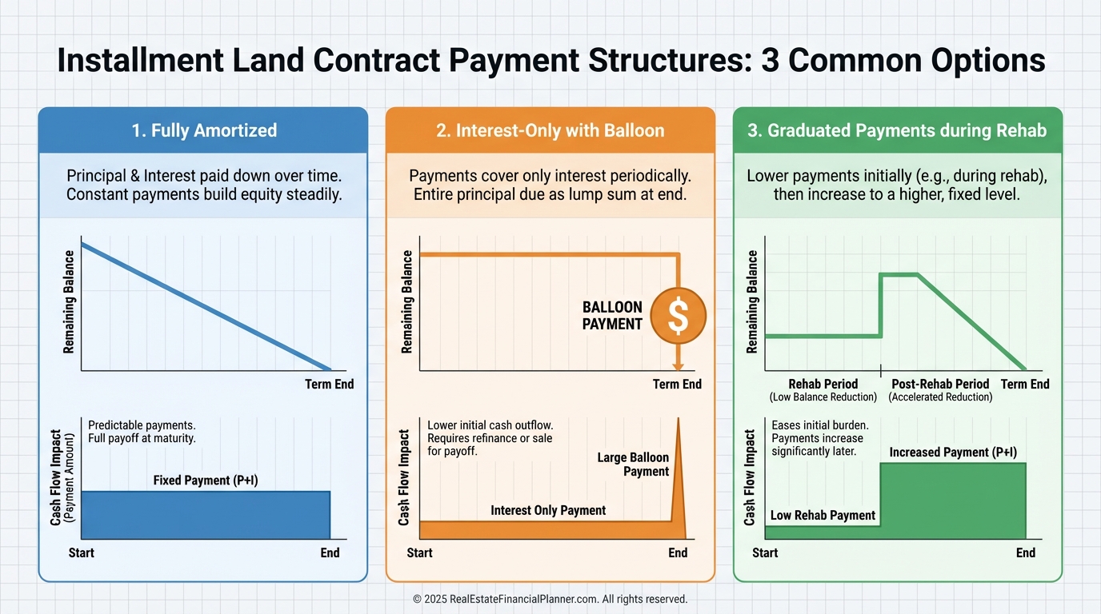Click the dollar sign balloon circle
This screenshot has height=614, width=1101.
tap(678, 315)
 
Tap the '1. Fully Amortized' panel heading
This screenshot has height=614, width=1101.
tap(204, 130)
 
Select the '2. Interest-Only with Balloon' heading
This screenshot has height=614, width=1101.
tap(550, 130)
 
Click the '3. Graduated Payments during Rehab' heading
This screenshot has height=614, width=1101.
tap(897, 130)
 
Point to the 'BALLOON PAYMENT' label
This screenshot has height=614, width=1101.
tap(612, 315)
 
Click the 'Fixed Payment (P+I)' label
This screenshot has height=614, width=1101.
tap(206, 480)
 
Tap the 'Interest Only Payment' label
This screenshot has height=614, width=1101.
tap(548, 510)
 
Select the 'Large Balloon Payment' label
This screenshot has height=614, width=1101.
tap(633, 464)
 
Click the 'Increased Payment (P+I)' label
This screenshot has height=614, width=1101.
tap(953, 452)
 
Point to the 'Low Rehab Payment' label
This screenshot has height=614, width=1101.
tap(823, 516)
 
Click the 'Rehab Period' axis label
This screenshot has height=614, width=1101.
tap(823, 384)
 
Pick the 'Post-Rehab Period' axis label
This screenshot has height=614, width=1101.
tap(940, 384)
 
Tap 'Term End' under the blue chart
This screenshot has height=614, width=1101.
tap(330, 384)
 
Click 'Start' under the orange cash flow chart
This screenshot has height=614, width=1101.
tap(420, 552)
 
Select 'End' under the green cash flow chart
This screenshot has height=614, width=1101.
tap(1026, 552)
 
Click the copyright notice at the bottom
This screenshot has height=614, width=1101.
tap(550, 600)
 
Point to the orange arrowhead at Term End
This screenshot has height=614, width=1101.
tap(679, 367)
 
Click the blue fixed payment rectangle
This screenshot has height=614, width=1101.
tap(206, 515)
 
